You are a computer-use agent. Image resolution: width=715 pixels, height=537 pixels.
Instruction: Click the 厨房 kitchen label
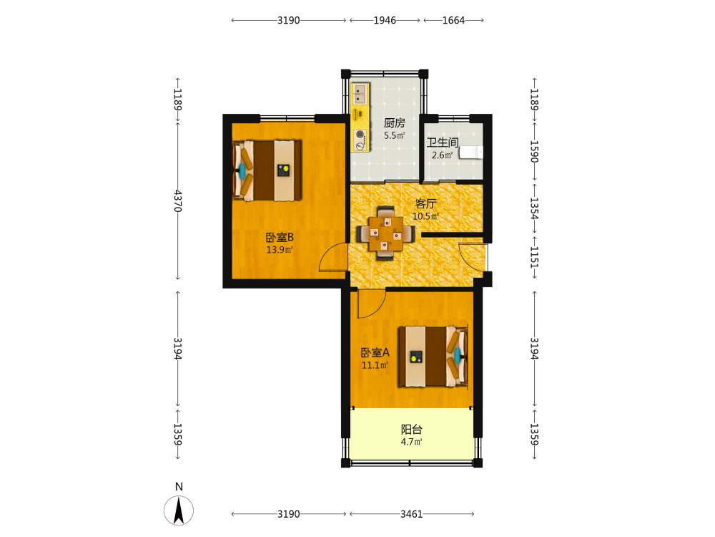[x=395, y=123]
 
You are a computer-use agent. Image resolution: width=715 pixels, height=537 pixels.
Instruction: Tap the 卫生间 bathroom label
[x=443, y=142]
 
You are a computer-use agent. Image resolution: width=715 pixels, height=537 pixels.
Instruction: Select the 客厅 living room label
[x=425, y=203]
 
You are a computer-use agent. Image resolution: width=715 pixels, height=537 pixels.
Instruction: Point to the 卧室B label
[x=280, y=238]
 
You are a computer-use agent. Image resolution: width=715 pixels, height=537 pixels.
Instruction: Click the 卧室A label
[x=375, y=352]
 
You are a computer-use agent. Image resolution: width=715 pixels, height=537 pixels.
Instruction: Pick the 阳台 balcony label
[x=411, y=429]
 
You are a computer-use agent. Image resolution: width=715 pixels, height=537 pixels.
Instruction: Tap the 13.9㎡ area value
[x=280, y=250]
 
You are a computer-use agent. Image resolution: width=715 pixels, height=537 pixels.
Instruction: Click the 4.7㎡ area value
[x=411, y=442]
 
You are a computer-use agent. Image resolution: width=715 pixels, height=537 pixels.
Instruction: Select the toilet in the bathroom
[x=471, y=152]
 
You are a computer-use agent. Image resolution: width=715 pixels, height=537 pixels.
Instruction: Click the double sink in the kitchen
[x=360, y=94]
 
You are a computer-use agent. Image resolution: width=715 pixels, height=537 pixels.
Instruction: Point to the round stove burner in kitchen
[x=360, y=135]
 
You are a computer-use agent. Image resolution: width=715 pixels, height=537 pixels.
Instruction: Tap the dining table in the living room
[x=386, y=233]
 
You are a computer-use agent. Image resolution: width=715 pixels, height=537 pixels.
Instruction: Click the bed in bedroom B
[x=267, y=170]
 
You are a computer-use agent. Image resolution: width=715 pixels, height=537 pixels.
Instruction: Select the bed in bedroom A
[x=433, y=357]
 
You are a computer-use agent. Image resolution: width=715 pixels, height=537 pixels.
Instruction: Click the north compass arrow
[x=179, y=511]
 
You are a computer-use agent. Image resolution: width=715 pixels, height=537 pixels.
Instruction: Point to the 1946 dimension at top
[x=385, y=21]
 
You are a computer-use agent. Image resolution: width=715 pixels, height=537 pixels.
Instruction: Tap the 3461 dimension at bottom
[x=412, y=514]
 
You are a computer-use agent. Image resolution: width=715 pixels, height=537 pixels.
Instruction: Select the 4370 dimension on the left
[x=178, y=201]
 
